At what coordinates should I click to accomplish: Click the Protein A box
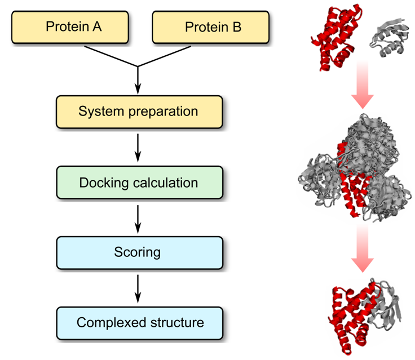pos(73,27)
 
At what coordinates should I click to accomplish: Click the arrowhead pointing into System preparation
pos(138,89)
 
